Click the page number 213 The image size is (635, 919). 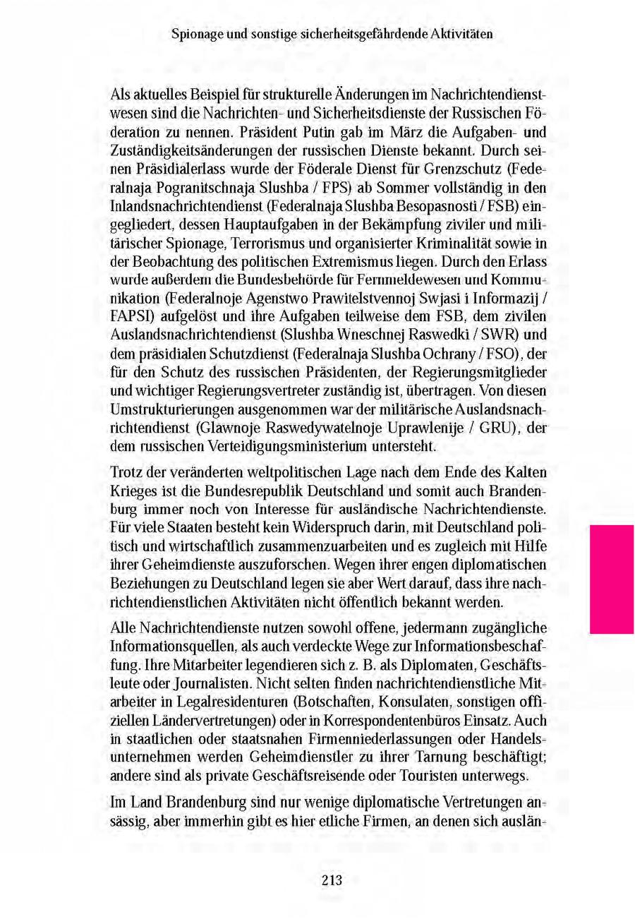coord(331,879)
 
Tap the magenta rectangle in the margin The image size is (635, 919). coord(611,579)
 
